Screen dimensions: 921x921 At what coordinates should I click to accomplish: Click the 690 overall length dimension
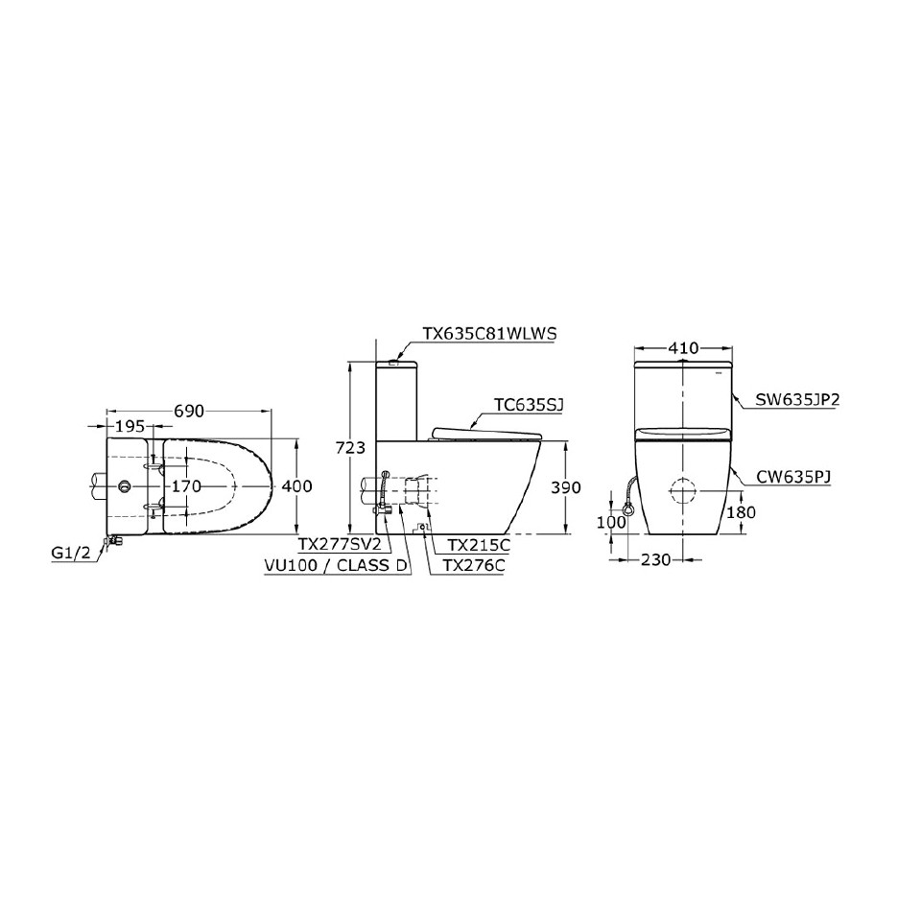click(189, 411)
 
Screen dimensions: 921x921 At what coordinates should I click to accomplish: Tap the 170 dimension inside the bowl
click(186, 486)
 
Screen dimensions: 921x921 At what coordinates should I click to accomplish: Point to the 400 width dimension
click(296, 486)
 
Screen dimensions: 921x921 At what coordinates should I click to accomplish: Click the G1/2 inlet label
click(73, 553)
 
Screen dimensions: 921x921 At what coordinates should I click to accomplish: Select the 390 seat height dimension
click(566, 487)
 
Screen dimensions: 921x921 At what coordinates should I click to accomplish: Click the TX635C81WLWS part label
click(489, 333)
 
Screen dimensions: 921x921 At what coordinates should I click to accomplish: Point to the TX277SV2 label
click(339, 544)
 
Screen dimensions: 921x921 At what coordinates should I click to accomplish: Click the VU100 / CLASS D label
click(335, 565)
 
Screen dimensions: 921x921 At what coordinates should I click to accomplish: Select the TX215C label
click(472, 544)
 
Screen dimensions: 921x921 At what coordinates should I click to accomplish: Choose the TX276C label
click(473, 565)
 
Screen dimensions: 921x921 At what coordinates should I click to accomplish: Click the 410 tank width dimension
click(684, 347)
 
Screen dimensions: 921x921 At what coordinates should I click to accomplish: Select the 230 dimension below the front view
click(657, 560)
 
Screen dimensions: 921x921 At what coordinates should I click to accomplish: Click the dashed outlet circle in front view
click(684, 489)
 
